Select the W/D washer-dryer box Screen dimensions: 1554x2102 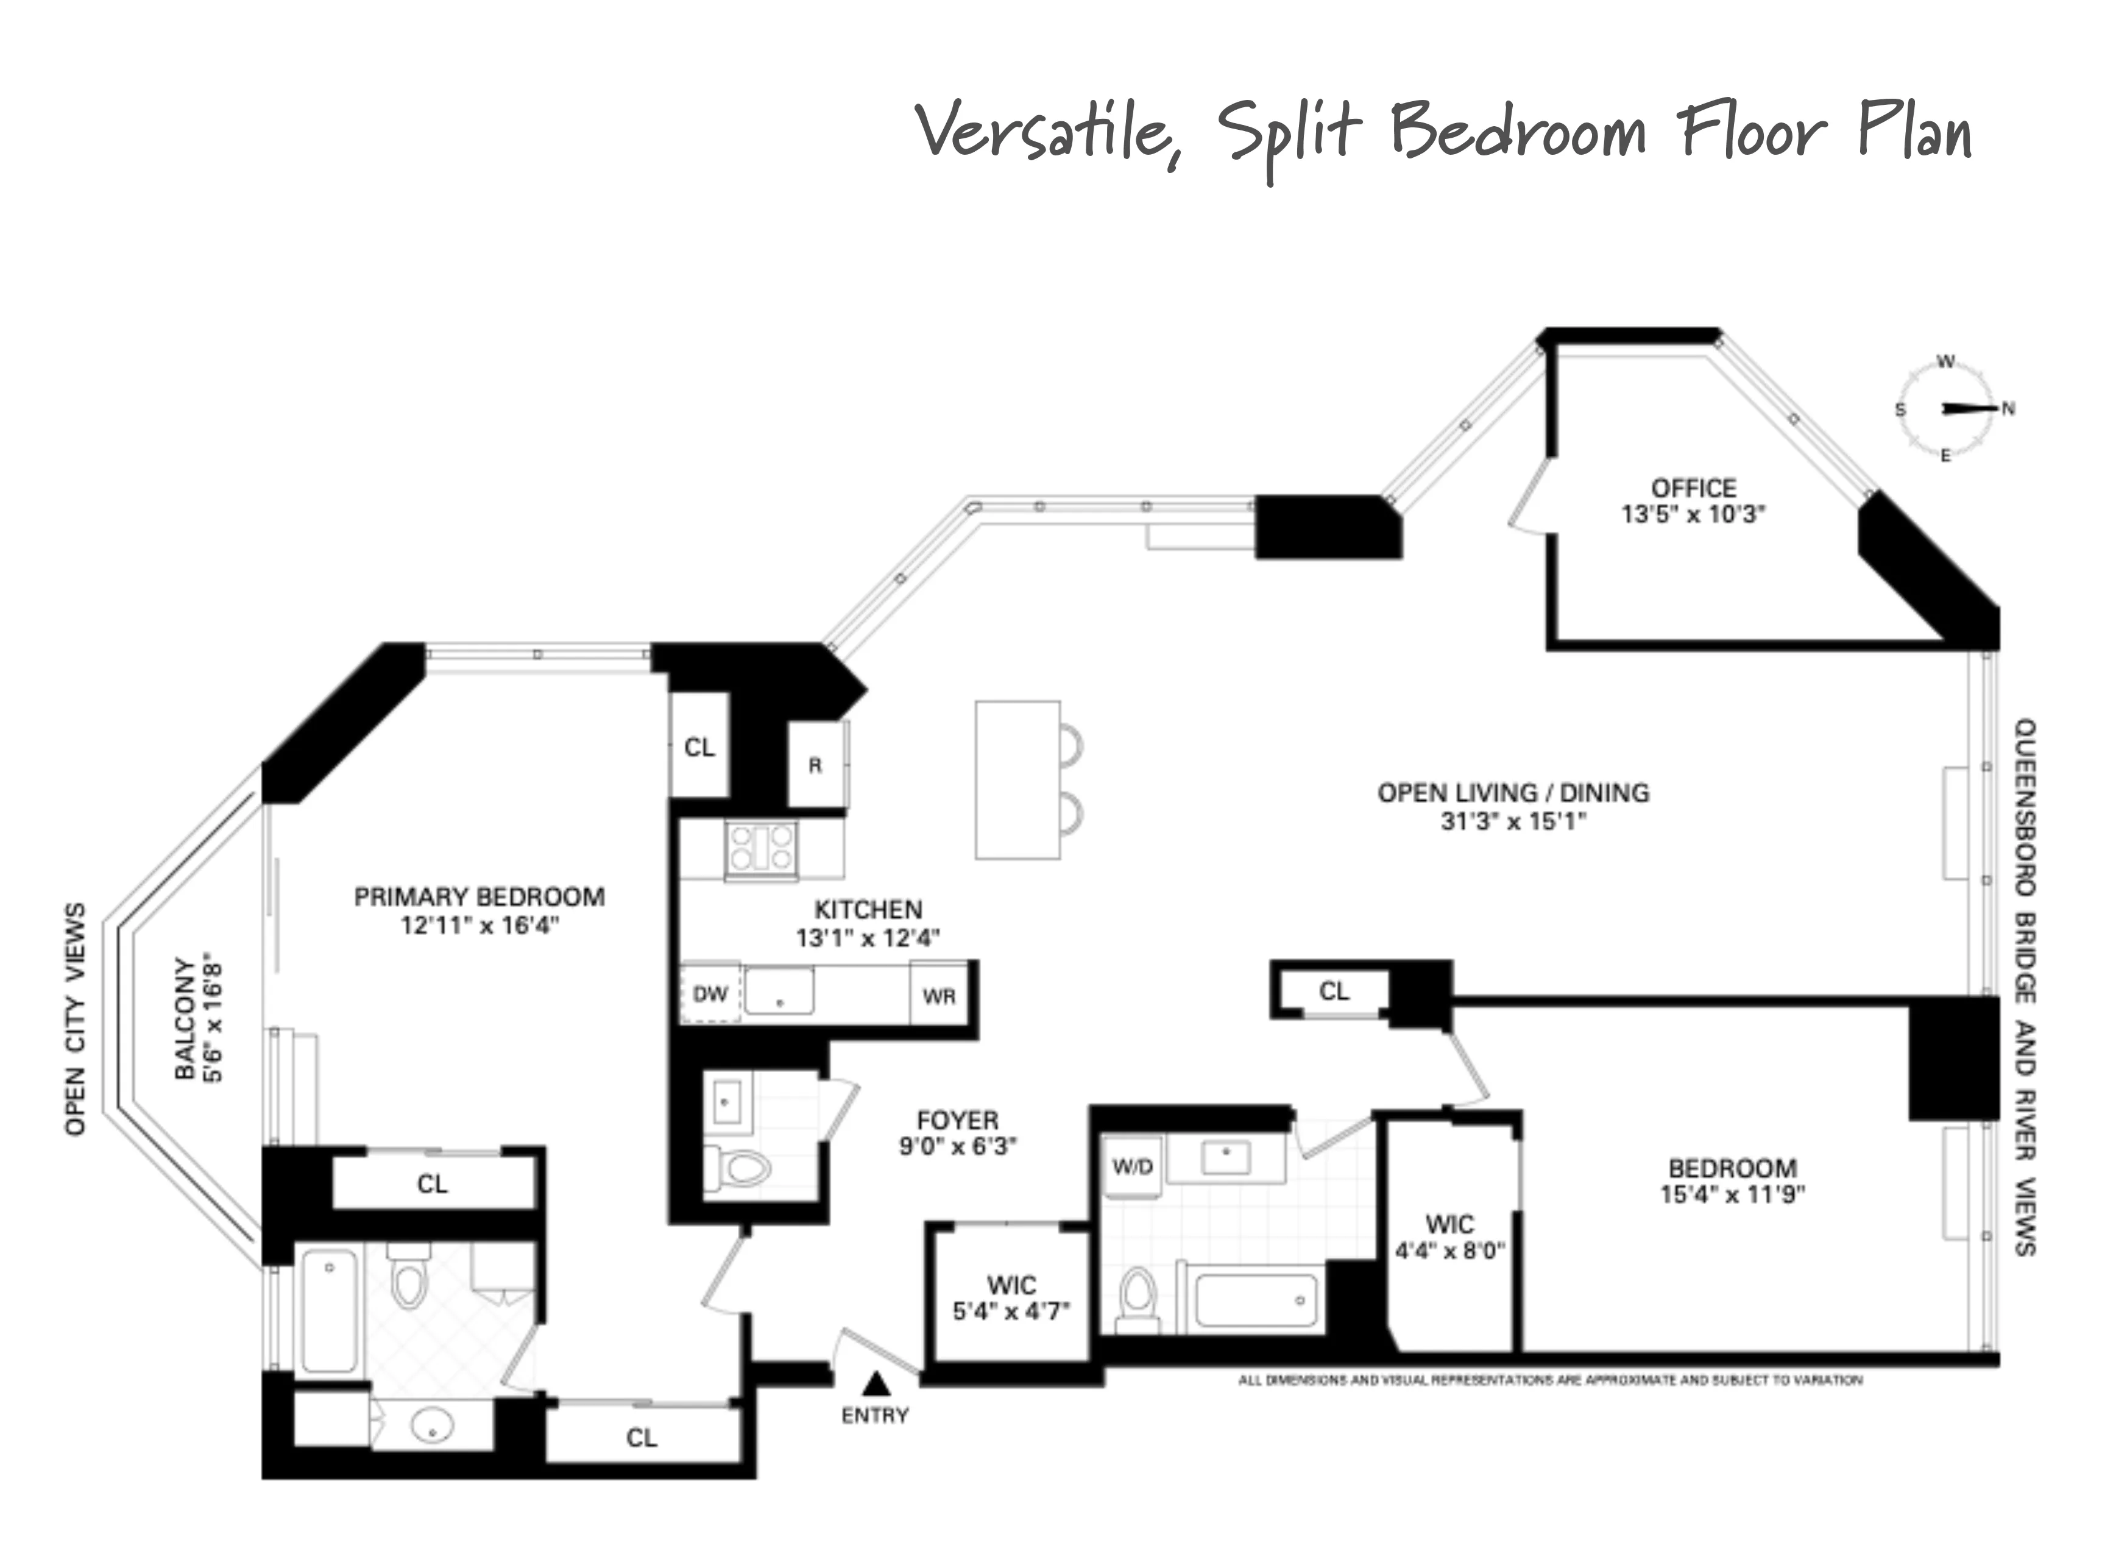(1133, 1168)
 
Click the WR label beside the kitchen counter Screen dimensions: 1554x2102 (939, 996)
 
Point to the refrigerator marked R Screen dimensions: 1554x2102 (815, 765)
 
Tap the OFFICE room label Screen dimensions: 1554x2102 (1693, 488)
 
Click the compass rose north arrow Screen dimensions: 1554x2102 (1970, 408)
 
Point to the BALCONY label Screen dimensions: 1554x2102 (185, 1019)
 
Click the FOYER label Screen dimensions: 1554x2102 (957, 1120)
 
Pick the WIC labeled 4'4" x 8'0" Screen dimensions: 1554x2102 (1449, 1237)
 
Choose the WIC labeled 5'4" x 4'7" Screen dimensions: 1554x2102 (1011, 1298)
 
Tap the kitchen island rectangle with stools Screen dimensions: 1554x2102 (1017, 780)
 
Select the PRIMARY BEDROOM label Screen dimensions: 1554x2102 (479, 896)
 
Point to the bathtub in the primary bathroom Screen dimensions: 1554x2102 (329, 1310)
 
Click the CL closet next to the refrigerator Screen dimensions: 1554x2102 (699, 747)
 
